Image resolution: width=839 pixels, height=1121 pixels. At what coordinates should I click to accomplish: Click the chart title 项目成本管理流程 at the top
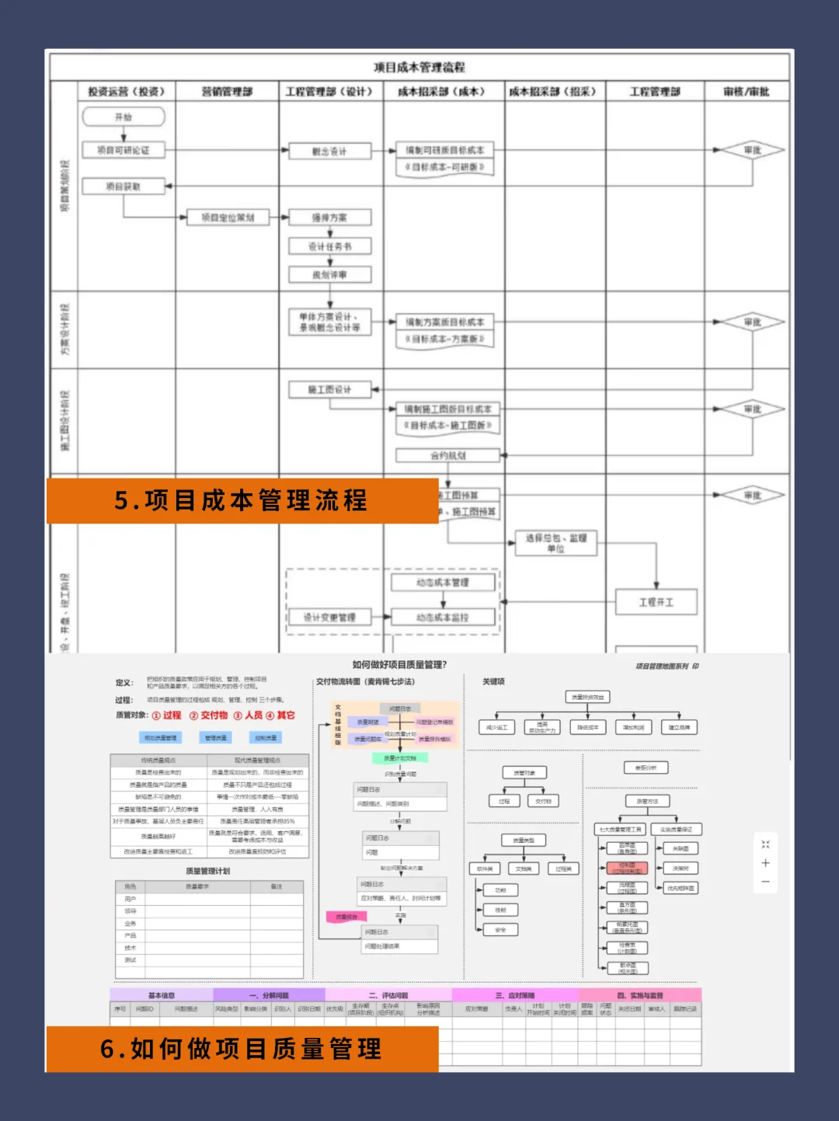click(x=419, y=68)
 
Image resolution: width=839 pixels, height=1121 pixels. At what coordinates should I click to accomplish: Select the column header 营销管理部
click(x=227, y=92)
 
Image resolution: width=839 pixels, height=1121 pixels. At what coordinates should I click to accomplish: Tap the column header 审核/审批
click(x=746, y=92)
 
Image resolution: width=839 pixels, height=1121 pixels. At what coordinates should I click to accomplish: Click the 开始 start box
click(x=124, y=117)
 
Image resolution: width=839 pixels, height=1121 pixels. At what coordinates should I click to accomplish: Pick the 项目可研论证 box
click(x=124, y=151)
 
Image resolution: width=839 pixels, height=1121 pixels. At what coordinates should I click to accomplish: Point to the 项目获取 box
click(x=124, y=186)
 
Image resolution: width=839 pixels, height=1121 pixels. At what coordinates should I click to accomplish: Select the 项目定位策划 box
click(x=228, y=218)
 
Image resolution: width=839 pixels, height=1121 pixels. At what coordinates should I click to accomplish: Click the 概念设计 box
click(x=329, y=151)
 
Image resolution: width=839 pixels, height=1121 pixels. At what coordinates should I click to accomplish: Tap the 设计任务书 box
click(x=329, y=247)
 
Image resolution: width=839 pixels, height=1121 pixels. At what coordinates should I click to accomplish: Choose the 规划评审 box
click(x=329, y=275)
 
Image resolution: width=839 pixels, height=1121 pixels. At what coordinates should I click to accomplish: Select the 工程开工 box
click(x=656, y=602)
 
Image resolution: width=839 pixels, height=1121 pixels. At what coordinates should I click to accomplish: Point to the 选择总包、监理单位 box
click(x=556, y=543)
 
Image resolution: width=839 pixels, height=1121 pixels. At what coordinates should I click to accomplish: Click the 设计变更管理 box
click(x=329, y=618)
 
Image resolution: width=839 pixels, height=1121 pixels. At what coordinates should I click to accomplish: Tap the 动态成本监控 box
click(x=443, y=618)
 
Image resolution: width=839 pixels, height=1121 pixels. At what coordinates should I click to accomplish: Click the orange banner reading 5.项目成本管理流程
click(x=242, y=501)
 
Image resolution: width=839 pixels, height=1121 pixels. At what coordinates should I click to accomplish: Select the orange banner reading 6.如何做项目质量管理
click(x=242, y=1049)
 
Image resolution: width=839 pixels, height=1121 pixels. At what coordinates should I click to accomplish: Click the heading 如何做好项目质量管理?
click(x=399, y=665)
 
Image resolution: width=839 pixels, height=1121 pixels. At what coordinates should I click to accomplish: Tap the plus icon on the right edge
click(x=765, y=863)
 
